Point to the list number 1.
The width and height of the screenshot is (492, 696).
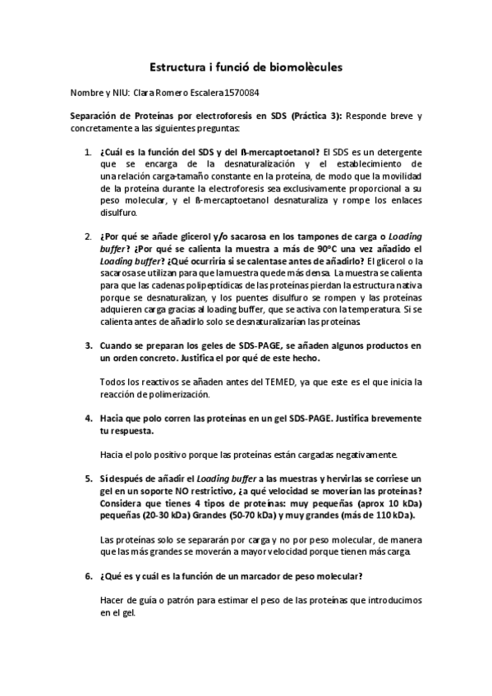pyautogui.click(x=88, y=152)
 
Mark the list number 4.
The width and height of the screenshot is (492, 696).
pyautogui.click(x=88, y=418)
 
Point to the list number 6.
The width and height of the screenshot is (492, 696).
pyautogui.click(x=88, y=575)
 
